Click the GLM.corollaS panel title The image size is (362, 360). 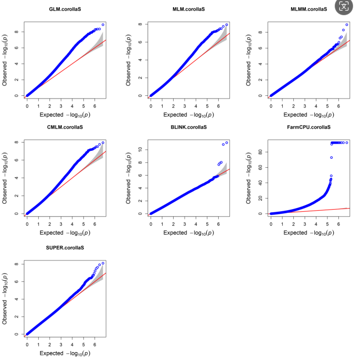click(x=66, y=9)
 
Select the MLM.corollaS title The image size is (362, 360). click(x=188, y=9)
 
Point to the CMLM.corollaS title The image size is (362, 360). click(x=66, y=127)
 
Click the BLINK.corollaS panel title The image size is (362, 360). click(x=188, y=127)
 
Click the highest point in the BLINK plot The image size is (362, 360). click(x=227, y=143)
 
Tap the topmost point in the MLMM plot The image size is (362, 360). click(x=347, y=25)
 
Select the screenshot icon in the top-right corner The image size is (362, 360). click(x=344, y=7)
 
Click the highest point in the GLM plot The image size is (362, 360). click(x=103, y=25)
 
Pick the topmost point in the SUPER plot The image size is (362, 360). click(x=103, y=263)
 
